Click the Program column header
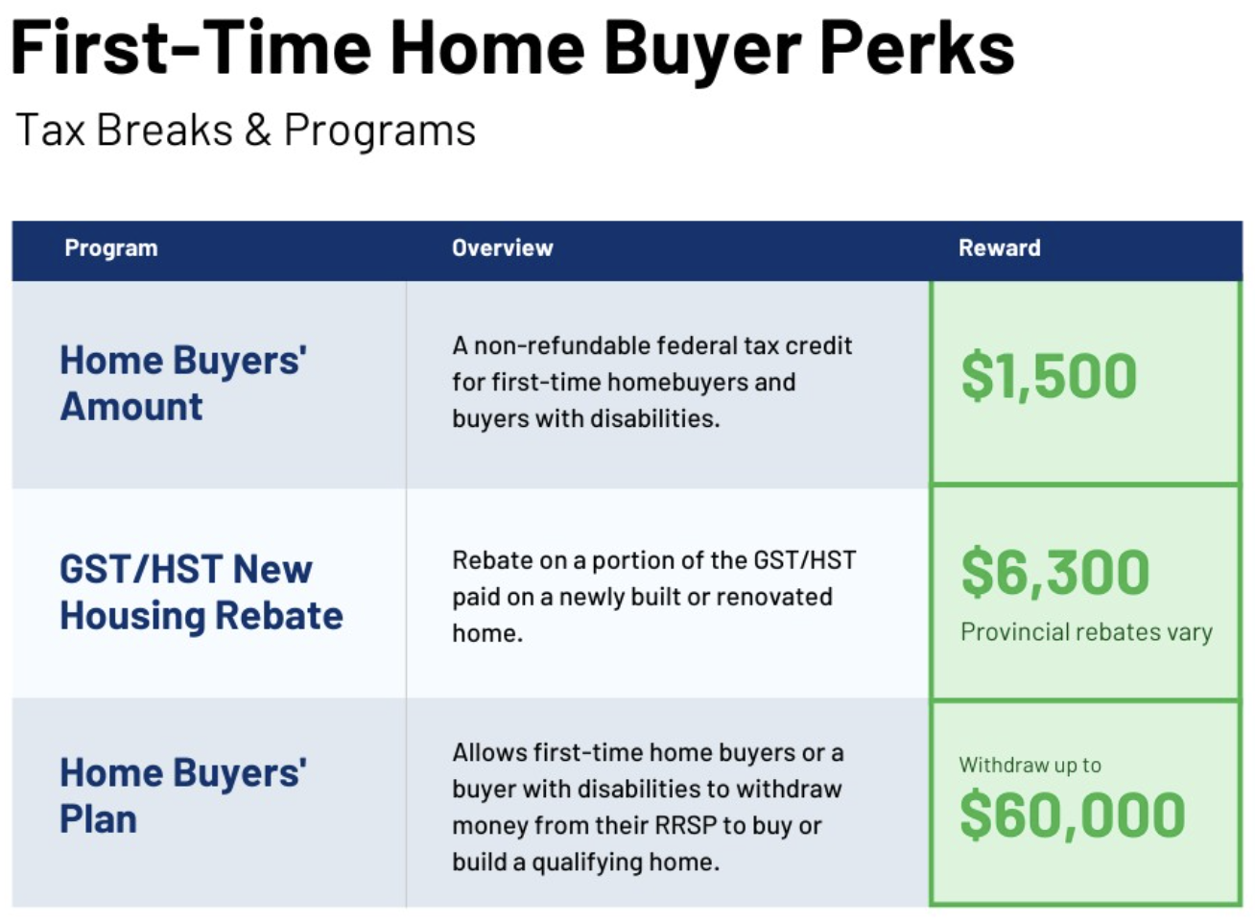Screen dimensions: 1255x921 click(111, 248)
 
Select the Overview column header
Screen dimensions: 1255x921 click(503, 248)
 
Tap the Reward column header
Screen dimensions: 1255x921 click(1000, 248)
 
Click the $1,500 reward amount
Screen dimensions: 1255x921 click(1049, 375)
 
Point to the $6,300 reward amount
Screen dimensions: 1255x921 click(1055, 572)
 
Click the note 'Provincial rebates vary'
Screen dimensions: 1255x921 click(1086, 632)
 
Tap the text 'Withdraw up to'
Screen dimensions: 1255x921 click(1030, 766)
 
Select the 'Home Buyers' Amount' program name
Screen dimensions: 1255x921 click(183, 383)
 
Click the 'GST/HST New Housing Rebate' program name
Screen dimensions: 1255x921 click(201, 593)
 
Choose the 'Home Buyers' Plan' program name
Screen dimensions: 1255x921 click(183, 795)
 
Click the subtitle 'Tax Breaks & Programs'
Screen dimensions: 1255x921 click(246, 130)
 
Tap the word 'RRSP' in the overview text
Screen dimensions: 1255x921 click(685, 825)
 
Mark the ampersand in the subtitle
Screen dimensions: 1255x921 click(258, 130)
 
